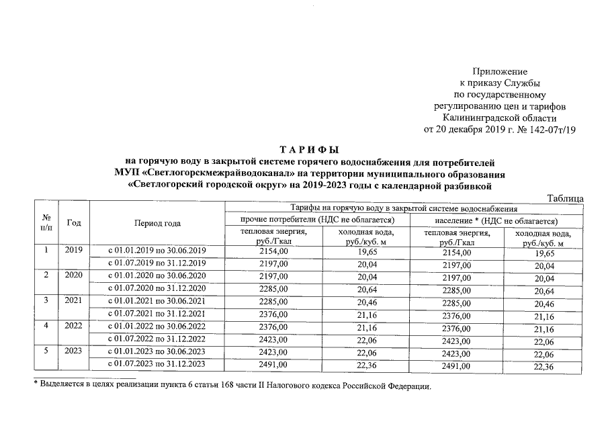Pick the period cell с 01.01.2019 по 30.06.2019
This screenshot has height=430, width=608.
pyautogui.click(x=157, y=251)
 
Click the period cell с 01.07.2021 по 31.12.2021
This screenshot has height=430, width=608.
pyautogui.click(x=157, y=314)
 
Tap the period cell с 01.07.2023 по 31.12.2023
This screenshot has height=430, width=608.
pyautogui.click(x=157, y=364)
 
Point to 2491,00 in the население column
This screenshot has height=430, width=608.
pyautogui.click(x=457, y=365)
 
